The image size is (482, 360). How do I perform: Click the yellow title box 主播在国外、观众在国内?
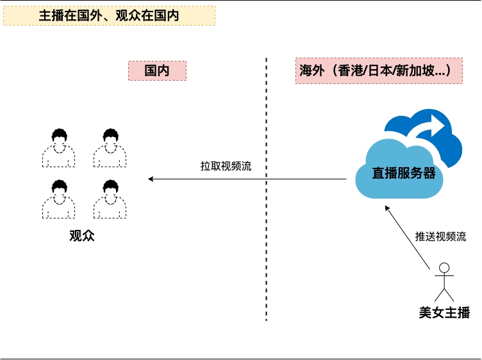tap(109, 16)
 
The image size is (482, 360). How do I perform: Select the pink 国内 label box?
tap(157, 71)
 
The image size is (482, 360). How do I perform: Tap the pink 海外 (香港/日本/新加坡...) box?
tap(379, 71)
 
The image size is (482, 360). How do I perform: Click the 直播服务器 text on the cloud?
tap(404, 173)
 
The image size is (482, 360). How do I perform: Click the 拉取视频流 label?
tap(226, 166)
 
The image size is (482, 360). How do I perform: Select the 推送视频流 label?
tap(440, 236)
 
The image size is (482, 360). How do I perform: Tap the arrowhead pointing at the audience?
tap(151, 179)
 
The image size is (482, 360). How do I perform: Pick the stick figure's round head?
tap(444, 268)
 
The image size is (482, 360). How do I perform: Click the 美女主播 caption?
tap(444, 313)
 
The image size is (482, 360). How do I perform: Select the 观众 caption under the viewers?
tap(82, 235)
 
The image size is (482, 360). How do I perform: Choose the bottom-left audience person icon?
tap(58, 199)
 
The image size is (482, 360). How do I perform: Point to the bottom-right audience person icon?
tap(110, 199)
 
